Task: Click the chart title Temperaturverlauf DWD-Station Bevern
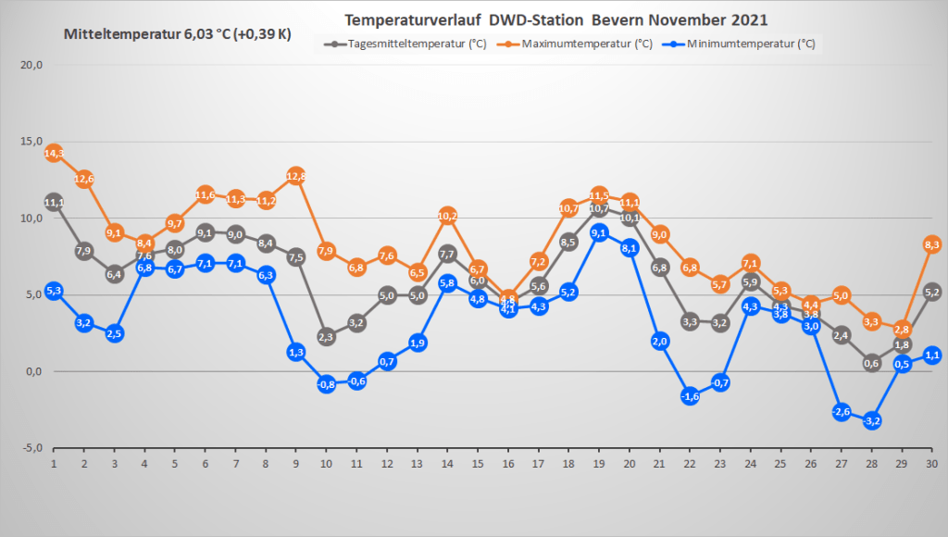coord(555,19)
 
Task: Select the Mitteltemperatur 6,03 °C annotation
coord(177,34)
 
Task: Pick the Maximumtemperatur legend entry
coord(584,44)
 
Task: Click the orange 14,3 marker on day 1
coord(54,153)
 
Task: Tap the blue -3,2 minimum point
coord(871,421)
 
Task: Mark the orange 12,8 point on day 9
coord(296,176)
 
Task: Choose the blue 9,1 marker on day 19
coord(599,232)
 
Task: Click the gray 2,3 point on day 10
coord(326,337)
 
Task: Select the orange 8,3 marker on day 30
coord(931,244)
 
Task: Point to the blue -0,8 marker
coord(326,384)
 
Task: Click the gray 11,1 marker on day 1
coord(54,202)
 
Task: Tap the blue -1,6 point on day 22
coord(690,396)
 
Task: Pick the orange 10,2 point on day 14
coord(447,216)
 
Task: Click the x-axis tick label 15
coord(478,463)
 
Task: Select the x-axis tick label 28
coord(871,463)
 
